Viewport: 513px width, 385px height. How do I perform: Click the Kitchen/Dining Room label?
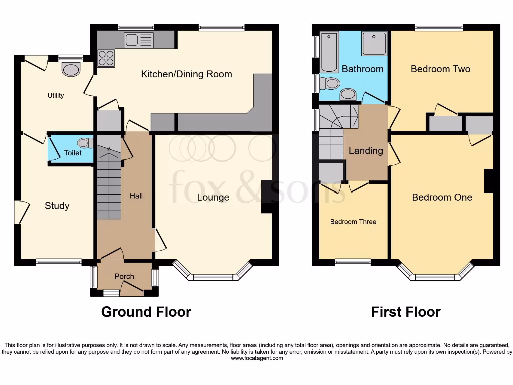(x=186, y=74)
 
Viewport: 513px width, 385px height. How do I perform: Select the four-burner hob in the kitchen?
(x=106, y=59)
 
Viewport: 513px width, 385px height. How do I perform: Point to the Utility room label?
(x=56, y=95)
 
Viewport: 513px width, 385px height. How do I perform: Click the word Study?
(x=57, y=206)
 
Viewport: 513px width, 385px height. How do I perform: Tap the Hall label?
(x=136, y=196)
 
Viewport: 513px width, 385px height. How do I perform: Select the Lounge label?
(x=213, y=198)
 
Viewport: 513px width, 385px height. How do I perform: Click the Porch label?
(x=124, y=276)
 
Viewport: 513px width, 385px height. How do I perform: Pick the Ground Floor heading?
(x=146, y=312)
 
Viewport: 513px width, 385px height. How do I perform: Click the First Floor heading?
(x=405, y=312)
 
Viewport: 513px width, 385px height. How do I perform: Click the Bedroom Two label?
(x=440, y=69)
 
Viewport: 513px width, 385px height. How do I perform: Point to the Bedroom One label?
(x=442, y=198)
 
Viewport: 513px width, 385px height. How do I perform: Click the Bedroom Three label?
(x=353, y=222)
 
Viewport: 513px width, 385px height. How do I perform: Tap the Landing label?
(x=366, y=151)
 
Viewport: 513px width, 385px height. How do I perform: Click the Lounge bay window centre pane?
(x=213, y=277)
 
